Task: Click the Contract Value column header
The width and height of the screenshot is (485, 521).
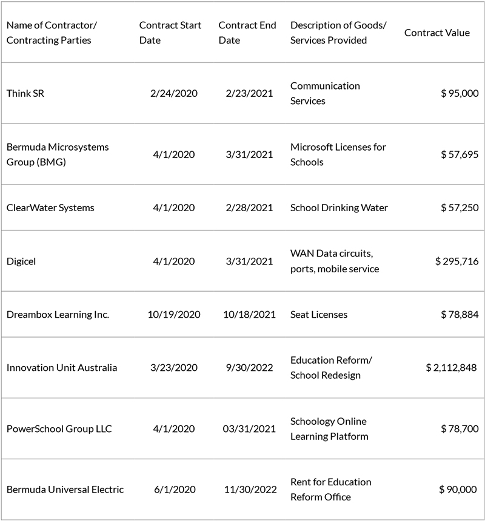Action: pyautogui.click(x=436, y=33)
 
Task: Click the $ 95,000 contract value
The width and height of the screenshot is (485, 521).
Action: pyautogui.click(x=460, y=93)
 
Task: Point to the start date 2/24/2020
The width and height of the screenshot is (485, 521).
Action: pyautogui.click(x=173, y=93)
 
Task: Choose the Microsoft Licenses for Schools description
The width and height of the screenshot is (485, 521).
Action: pyautogui.click(x=338, y=154)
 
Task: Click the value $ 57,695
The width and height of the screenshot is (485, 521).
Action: pyautogui.click(x=460, y=154)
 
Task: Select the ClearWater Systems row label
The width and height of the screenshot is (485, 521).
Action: pyautogui.click(x=50, y=208)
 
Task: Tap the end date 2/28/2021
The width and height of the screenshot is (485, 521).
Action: pyautogui.click(x=247, y=208)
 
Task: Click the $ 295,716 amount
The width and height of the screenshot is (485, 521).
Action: pyautogui.click(x=457, y=261)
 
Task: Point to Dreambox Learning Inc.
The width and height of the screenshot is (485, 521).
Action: pyautogui.click(x=58, y=315)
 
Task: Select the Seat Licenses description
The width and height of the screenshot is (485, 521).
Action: pyautogui.click(x=319, y=315)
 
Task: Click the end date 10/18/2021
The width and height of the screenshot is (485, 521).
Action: pyautogui.click(x=247, y=315)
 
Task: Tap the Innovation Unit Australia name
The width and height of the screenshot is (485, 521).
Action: pyautogui.click(x=62, y=368)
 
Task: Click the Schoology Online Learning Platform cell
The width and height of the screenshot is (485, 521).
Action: pyautogui.click(x=329, y=428)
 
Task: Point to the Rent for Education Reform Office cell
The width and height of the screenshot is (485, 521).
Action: pyautogui.click(x=331, y=490)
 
